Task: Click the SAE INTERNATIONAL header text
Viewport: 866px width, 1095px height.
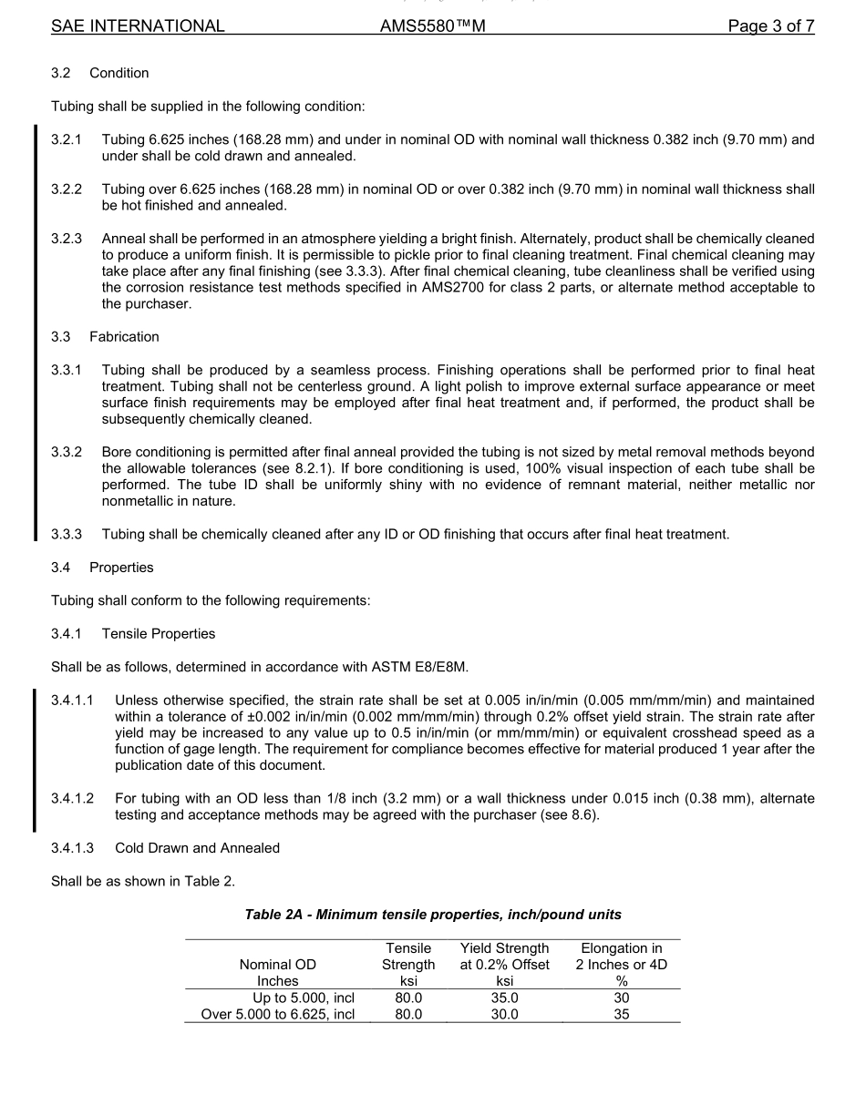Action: point(138,26)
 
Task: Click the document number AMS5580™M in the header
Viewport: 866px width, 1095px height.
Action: point(432,26)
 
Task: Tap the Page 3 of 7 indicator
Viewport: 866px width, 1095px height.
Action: point(770,26)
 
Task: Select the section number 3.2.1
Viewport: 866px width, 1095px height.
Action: point(67,139)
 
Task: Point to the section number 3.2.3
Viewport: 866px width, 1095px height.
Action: point(67,239)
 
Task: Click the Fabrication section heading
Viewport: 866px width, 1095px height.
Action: point(124,337)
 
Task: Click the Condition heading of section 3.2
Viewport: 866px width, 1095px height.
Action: point(119,73)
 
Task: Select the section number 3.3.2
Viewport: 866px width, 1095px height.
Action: point(67,452)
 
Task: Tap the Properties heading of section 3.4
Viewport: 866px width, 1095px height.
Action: point(121,568)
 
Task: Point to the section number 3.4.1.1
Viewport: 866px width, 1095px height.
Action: point(73,701)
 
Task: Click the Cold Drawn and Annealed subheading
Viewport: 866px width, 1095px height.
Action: point(197,848)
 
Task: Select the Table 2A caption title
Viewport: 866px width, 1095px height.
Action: point(433,914)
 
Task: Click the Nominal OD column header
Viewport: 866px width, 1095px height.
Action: point(277,965)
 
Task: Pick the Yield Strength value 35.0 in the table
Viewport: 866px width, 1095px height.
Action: point(504,998)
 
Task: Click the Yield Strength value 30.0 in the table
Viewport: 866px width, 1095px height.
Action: point(504,1014)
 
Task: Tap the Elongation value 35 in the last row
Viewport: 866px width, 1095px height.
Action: point(621,1014)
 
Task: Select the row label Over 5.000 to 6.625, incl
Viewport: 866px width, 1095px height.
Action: point(278,1014)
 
